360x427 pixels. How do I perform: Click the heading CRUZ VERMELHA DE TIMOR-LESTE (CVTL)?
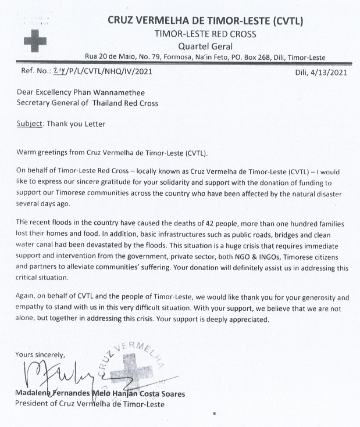click(x=204, y=21)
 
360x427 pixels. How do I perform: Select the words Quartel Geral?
click(x=204, y=46)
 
